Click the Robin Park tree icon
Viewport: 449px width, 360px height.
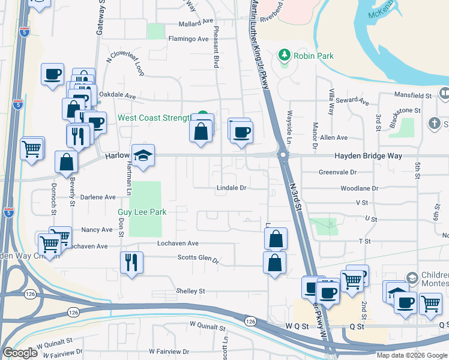[284, 56]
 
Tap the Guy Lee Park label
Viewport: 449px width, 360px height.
[142, 212]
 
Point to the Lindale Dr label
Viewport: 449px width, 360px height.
[232, 188]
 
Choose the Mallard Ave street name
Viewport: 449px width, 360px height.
[196, 24]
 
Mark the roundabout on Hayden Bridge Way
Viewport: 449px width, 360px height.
[282, 155]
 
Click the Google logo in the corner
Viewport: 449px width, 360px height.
[20, 353]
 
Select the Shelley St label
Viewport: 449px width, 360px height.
[190, 291]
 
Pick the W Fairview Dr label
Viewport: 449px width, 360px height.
[169, 351]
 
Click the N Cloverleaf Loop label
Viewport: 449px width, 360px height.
[125, 64]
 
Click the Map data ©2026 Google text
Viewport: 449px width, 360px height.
[412, 355]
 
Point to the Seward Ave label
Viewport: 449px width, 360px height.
[352, 101]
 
